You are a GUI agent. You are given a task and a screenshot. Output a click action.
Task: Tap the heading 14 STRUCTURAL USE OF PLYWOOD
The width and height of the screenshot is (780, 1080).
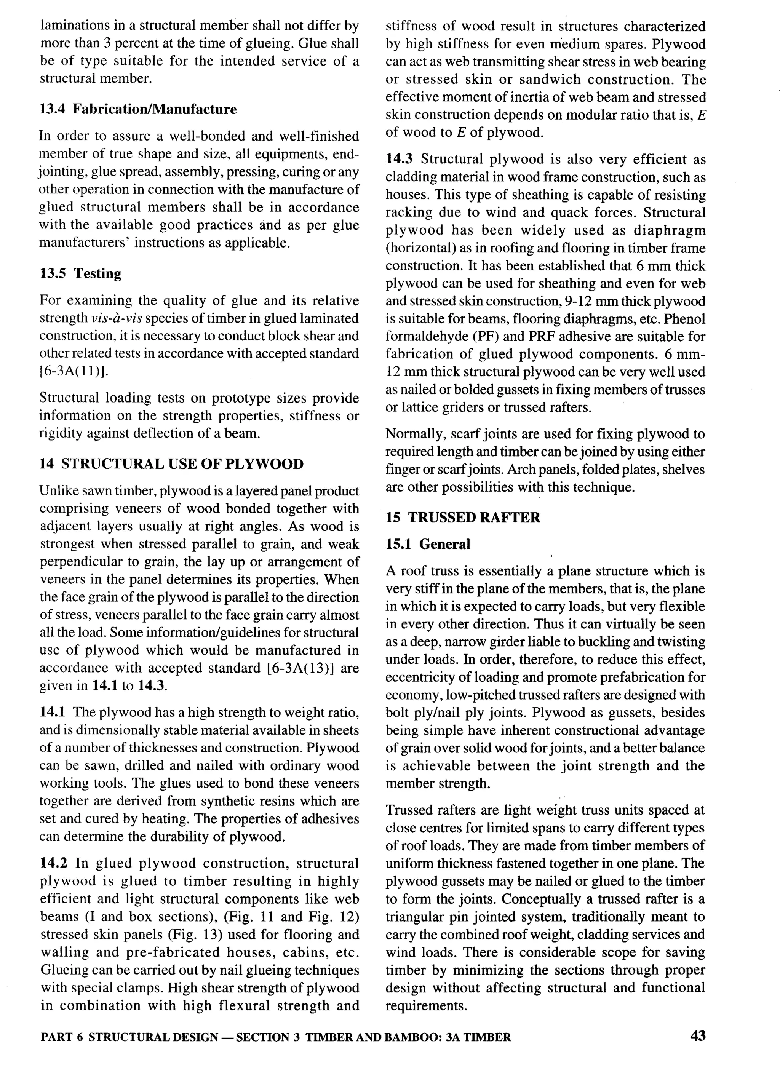click(x=171, y=464)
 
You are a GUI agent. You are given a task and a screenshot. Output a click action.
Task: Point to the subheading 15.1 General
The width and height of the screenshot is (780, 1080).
click(x=428, y=544)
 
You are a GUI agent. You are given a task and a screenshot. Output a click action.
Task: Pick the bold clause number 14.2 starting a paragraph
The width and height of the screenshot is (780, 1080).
click(x=53, y=863)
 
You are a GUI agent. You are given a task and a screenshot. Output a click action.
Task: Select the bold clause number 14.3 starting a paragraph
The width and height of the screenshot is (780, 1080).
click(x=399, y=159)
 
